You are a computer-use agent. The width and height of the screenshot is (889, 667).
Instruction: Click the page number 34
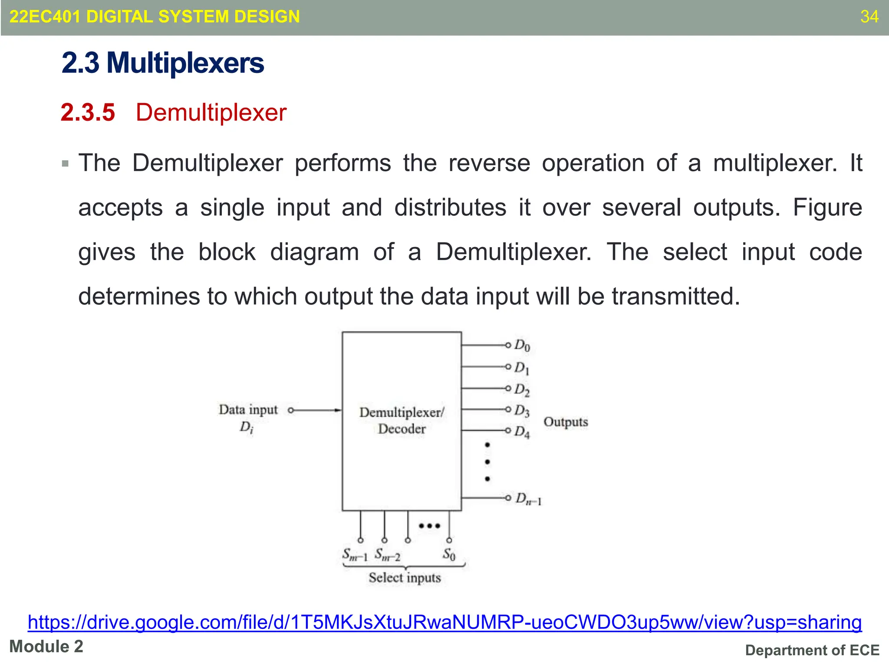point(869,17)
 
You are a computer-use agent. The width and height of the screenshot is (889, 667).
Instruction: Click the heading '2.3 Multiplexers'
point(163,63)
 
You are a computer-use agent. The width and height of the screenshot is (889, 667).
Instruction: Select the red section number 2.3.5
point(88,112)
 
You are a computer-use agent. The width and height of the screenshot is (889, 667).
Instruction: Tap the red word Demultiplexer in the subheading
point(211,112)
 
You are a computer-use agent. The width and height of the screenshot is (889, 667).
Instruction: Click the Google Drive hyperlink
point(444,622)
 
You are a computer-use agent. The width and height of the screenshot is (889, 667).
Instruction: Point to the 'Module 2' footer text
point(46,647)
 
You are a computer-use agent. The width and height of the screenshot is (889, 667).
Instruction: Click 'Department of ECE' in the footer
point(812,650)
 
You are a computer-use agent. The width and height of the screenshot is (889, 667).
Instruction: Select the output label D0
point(522,346)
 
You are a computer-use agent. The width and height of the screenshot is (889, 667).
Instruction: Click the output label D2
point(522,390)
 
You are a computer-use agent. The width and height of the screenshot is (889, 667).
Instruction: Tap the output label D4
point(522,432)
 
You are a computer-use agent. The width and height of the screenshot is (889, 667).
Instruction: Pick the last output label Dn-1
point(528,499)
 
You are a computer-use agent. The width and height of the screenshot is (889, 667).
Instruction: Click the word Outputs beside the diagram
point(566,422)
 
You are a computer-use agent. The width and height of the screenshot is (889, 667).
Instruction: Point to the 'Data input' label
point(248,409)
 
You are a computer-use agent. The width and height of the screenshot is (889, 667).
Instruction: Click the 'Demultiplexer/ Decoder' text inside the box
point(402,420)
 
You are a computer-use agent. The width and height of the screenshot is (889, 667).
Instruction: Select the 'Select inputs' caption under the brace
point(405,578)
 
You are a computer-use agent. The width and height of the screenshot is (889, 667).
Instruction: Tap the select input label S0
point(449,555)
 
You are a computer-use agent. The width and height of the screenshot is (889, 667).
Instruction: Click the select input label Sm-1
point(355,555)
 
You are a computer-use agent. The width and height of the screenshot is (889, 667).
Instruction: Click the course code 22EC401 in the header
point(45,17)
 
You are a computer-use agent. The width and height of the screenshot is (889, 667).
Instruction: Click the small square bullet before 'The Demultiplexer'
point(66,164)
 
